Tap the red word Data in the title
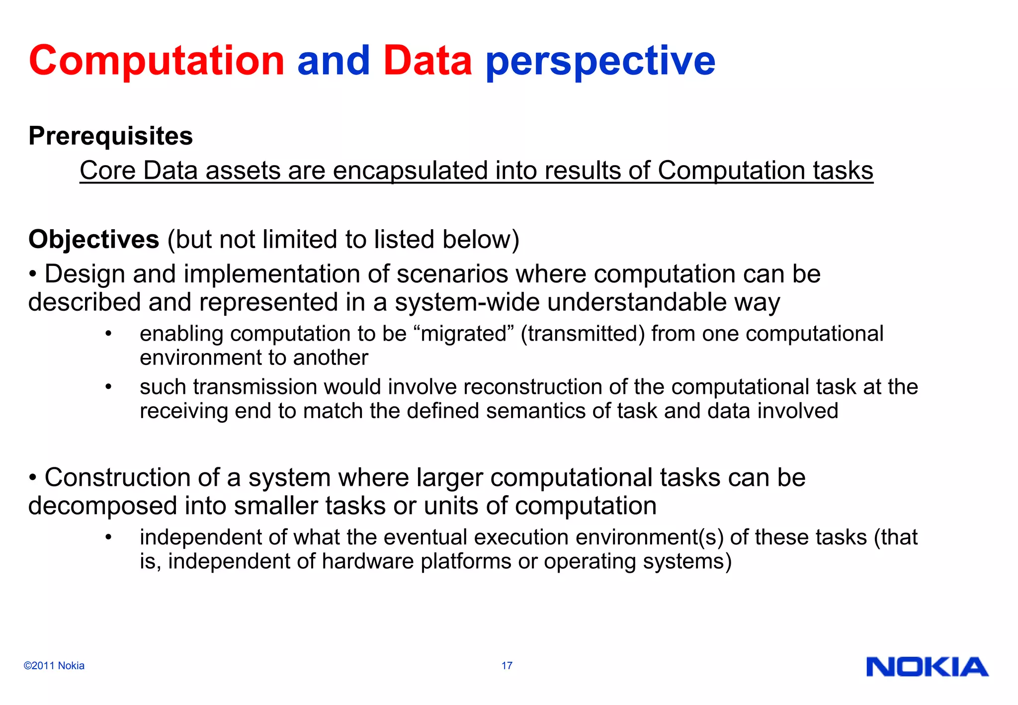pyautogui.click(x=427, y=61)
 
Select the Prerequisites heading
pyautogui.click(x=110, y=136)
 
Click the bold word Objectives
pyautogui.click(x=94, y=240)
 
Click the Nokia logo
pyautogui.click(x=927, y=667)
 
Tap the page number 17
pyautogui.click(x=507, y=666)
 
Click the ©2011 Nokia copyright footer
pyautogui.click(x=54, y=666)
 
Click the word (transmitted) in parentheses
pyautogui.click(x=583, y=334)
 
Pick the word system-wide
pyautogui.click(x=467, y=302)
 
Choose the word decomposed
pyautogui.click(x=102, y=506)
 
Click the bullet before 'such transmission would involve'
pyautogui.click(x=108, y=387)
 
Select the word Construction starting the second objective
pyautogui.click(x=117, y=478)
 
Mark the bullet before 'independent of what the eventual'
pyautogui.click(x=108, y=537)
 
